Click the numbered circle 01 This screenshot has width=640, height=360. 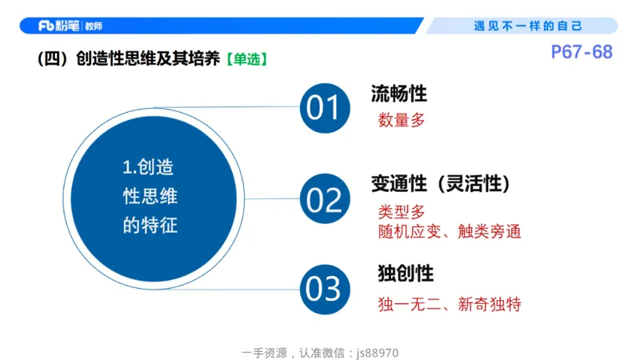[x=325, y=108]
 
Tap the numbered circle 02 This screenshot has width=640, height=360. [x=325, y=199]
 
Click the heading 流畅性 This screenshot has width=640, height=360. [x=398, y=94]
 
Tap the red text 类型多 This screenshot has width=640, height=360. [x=402, y=213]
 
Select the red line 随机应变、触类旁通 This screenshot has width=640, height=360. [x=450, y=232]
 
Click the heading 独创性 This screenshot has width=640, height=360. [x=406, y=274]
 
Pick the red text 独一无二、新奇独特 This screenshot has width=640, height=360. [x=450, y=304]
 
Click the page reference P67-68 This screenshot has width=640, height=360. [x=582, y=53]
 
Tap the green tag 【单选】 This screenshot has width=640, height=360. [x=246, y=59]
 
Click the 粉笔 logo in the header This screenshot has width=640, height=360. [x=58, y=26]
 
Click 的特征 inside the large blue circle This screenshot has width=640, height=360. [x=150, y=226]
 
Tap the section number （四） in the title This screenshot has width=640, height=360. [x=53, y=59]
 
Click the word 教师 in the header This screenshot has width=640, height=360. [x=93, y=26]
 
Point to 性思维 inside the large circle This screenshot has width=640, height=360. [x=150, y=197]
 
